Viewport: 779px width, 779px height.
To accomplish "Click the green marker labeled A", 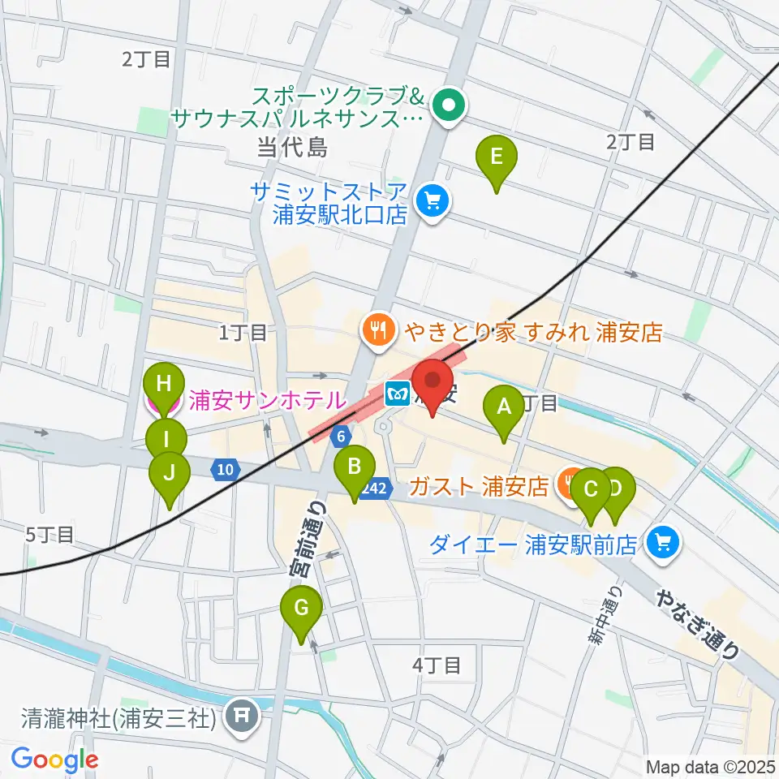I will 504,407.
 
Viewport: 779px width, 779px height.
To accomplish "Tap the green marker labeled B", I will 355,468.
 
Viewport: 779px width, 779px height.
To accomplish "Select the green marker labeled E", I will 497,157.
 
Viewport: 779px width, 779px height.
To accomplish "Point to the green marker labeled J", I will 170,473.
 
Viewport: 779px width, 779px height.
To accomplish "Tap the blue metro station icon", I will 398,394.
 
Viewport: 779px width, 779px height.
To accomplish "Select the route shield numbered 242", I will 374,488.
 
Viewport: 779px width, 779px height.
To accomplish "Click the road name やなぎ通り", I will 699,622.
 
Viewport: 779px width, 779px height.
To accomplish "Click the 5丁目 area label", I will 49,534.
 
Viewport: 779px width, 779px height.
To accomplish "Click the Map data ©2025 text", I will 712,766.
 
